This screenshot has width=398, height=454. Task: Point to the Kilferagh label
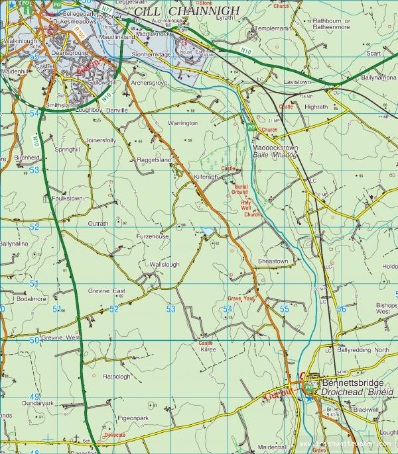point(206,178)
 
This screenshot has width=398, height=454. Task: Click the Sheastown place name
point(273,261)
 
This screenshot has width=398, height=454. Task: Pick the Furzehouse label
point(153,236)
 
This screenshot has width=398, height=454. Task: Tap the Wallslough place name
point(165,265)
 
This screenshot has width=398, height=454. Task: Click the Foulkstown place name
point(67,198)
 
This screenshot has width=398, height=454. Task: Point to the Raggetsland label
point(154,160)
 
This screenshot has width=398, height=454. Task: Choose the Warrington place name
point(183,123)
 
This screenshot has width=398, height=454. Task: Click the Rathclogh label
point(117,377)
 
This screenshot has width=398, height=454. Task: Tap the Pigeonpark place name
point(133,418)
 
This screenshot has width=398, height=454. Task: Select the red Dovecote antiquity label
point(114,435)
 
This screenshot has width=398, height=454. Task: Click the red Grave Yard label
point(241,298)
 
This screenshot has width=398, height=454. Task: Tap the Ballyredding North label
point(364,349)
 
